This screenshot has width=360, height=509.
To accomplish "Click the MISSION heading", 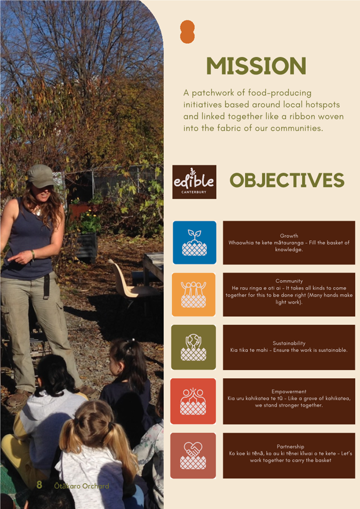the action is [x=256, y=66].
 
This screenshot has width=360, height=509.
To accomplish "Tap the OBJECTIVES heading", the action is [x=287, y=180].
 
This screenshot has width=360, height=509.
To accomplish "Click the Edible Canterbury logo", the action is [x=194, y=182].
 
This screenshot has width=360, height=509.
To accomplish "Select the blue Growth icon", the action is [x=195, y=242].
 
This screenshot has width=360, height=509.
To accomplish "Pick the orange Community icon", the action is [x=194, y=295].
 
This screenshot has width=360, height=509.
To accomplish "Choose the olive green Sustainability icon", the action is [x=194, y=347].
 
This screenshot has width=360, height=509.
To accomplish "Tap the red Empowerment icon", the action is [x=193, y=401].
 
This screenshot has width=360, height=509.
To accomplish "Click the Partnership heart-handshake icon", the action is [x=193, y=456].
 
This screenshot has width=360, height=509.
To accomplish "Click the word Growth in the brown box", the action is [x=289, y=236].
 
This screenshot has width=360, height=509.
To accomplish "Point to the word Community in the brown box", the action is [x=289, y=281].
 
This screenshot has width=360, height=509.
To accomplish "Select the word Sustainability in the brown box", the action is [x=289, y=343].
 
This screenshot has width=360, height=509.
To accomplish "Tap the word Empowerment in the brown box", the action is [x=289, y=392].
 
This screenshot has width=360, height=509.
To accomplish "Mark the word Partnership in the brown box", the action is [x=290, y=447].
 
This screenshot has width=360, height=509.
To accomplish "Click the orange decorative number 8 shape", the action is [x=187, y=32].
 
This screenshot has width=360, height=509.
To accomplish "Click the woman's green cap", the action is [x=41, y=176].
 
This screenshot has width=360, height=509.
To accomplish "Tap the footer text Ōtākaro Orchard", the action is [x=82, y=486].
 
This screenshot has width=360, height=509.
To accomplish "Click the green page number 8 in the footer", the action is [x=39, y=485].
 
